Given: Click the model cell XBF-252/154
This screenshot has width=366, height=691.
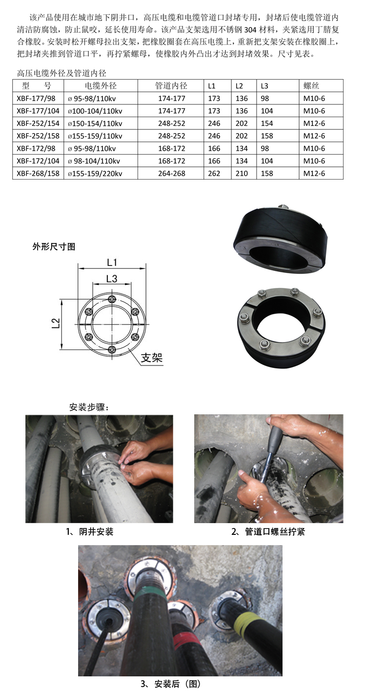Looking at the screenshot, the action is click(x=38, y=123).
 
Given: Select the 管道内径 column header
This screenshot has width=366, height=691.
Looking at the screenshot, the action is click(x=171, y=86).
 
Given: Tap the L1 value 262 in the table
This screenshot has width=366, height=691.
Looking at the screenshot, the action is click(x=214, y=173).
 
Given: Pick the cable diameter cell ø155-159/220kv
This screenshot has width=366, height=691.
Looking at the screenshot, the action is click(x=95, y=174).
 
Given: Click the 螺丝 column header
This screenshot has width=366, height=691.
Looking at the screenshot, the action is click(x=311, y=86).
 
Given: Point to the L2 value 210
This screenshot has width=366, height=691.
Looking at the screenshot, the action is click(x=242, y=173).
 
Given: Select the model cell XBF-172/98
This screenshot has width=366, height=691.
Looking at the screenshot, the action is click(x=36, y=148).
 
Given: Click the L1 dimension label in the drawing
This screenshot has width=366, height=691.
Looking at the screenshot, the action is click(x=112, y=262).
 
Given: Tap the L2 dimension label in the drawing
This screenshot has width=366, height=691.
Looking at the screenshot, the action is click(x=56, y=323).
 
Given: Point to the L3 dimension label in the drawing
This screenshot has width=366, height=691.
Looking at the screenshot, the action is click(x=112, y=279).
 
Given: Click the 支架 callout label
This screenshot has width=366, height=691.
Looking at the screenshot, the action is click(x=151, y=358).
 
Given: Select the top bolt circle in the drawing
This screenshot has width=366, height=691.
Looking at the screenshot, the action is click(x=112, y=299).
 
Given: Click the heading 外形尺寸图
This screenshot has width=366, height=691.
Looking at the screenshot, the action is click(x=54, y=246).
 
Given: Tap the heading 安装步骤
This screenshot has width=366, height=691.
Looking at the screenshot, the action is click(x=89, y=407).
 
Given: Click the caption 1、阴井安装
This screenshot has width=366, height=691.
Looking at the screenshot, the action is click(x=90, y=531).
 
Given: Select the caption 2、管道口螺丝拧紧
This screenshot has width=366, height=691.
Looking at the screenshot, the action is click(x=268, y=531).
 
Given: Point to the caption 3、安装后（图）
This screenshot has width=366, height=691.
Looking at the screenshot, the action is click(x=171, y=684).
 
